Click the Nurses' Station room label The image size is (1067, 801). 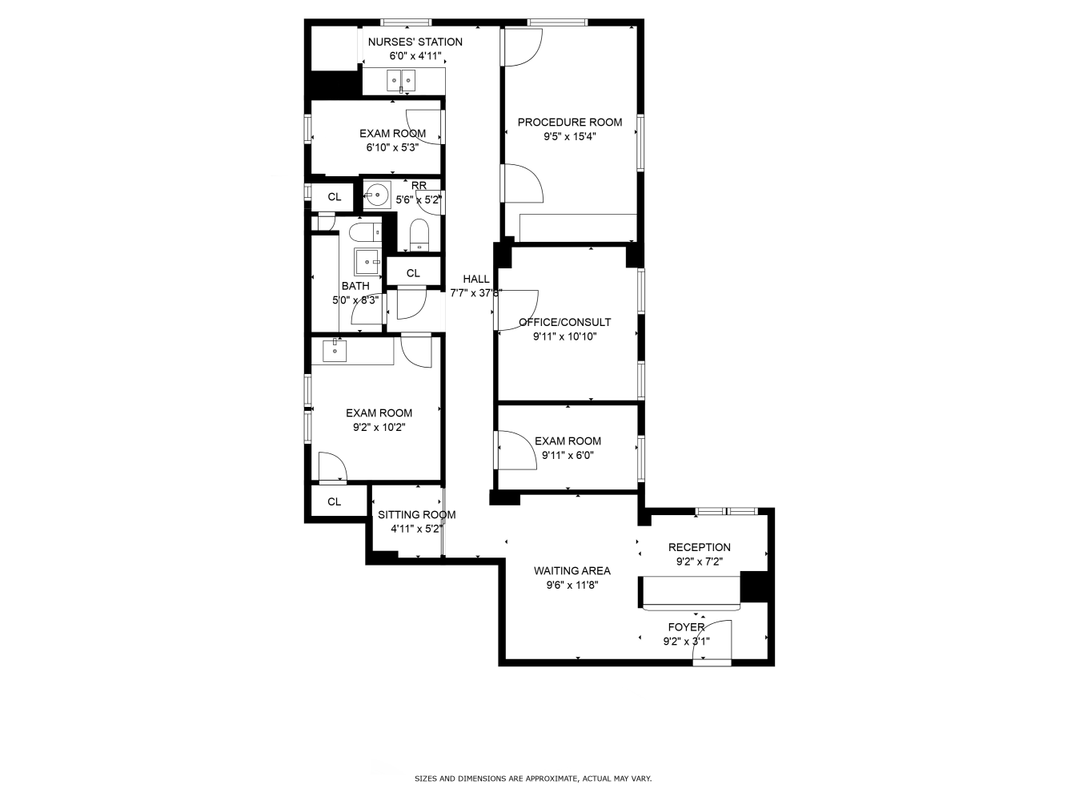tap(415, 42)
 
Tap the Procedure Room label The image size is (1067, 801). tap(569, 123)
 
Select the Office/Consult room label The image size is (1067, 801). tap(564, 322)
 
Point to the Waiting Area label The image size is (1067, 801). tap(572, 571)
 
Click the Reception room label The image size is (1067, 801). tap(699, 548)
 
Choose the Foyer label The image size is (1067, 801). tap(686, 627)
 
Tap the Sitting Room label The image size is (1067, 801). tap(416, 515)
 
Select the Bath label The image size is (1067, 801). tap(355, 286)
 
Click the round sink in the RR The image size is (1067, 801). tap(377, 195)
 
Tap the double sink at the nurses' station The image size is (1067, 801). tap(401, 80)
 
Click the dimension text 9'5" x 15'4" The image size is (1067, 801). tap(569, 137)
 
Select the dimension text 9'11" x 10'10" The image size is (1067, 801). tap(564, 336)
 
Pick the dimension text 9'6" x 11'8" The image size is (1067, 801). tap(572, 586)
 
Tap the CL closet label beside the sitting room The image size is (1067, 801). tap(335, 501)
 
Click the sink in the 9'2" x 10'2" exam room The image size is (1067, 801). tap(335, 350)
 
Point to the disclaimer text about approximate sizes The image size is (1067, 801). tap(532, 778)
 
